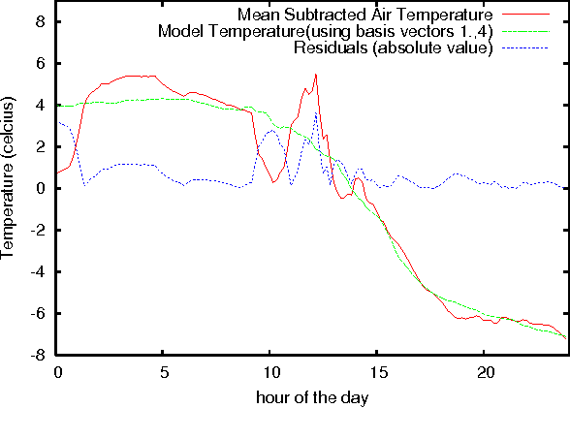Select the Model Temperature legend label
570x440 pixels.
tap(326, 31)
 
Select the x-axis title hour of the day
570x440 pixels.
tap(311, 397)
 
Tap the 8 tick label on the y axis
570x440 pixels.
tap(40, 21)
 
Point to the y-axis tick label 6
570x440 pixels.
tap(40, 63)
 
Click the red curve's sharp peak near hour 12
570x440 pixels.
tap(315, 75)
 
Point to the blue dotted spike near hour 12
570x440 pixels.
tap(315, 114)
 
